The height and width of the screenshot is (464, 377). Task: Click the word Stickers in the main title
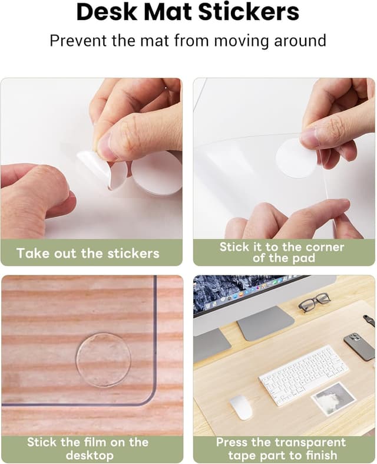click(x=249, y=12)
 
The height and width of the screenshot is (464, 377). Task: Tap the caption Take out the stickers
click(x=88, y=254)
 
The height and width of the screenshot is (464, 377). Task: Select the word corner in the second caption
click(x=325, y=247)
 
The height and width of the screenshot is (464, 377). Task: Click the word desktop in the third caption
click(x=90, y=455)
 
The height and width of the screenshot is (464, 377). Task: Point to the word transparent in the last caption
click(x=310, y=442)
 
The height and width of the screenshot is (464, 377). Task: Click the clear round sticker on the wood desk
click(x=104, y=360)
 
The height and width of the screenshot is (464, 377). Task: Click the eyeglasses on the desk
click(x=314, y=302)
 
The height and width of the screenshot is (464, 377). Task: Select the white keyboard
click(x=303, y=374)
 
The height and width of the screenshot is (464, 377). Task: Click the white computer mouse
click(x=241, y=407)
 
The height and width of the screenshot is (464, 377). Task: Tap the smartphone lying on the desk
click(x=359, y=346)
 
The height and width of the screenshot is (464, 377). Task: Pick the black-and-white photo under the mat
click(x=333, y=397)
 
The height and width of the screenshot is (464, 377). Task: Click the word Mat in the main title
click(x=168, y=12)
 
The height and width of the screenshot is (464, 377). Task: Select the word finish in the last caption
click(x=320, y=455)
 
